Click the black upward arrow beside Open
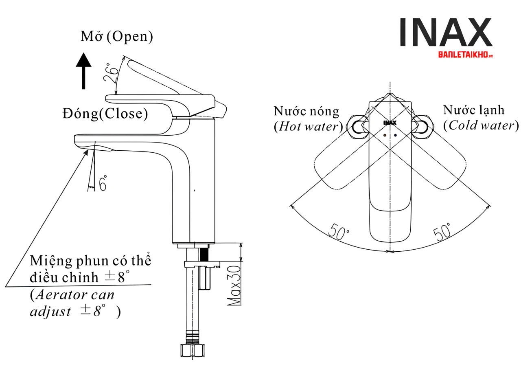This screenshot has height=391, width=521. pos(84,71)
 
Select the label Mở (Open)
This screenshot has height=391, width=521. pos(117,36)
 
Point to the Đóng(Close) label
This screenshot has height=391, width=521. pos(105,114)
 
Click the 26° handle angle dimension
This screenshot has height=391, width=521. pos(111,73)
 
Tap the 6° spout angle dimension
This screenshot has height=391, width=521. pos(103,183)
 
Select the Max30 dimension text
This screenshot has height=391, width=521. pos(235,286)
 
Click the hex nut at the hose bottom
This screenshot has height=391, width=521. pos(192,350)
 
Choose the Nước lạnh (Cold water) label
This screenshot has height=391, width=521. pos(480,117)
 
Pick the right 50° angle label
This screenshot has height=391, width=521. pos(442,232)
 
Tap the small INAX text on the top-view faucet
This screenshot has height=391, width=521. pos(390,123)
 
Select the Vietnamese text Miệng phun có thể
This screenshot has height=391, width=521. pos(90,260)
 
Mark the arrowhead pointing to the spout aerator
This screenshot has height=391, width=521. pos(86,152)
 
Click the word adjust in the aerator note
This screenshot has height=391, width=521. pos(50,312)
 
